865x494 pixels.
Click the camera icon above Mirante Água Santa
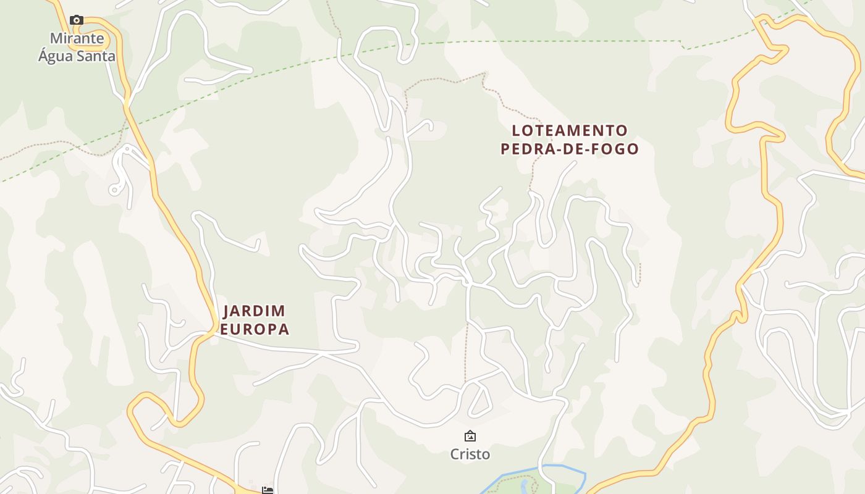pyautogui.click(x=77, y=20)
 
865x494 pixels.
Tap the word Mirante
pyautogui.click(x=77, y=38)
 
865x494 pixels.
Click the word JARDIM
pyautogui.click(x=254, y=311)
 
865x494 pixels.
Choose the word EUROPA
pyautogui.click(x=255, y=329)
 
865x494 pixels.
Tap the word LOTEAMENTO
pyautogui.click(x=570, y=131)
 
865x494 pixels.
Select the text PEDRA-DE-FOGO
pyautogui.click(x=570, y=149)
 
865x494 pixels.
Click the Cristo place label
pyautogui.click(x=470, y=454)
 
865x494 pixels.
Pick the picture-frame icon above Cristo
pyautogui.click(x=470, y=436)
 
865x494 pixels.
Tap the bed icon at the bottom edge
pyautogui.click(x=267, y=490)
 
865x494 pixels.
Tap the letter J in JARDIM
pyautogui.click(x=226, y=311)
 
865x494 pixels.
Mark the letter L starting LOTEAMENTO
pyautogui.click(x=516, y=131)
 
